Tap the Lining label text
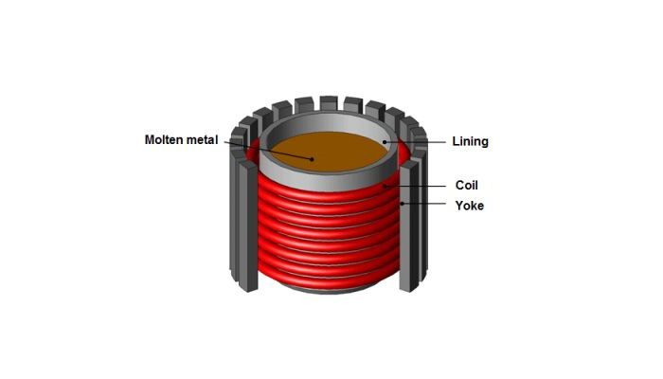click(471, 141)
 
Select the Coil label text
click(468, 187)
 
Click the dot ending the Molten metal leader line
click(312, 158)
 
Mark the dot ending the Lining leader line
click(385, 141)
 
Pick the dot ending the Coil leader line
click(384, 187)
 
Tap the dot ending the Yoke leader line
click(402, 204)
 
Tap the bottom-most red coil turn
click(322, 280)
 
